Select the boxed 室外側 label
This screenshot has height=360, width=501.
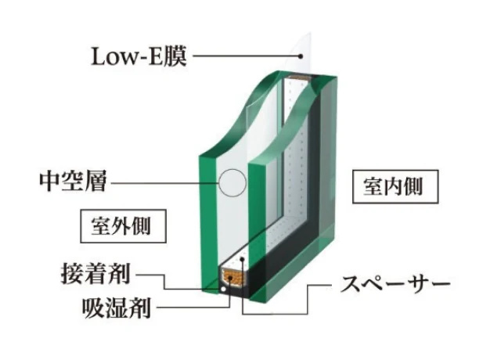click(x=123, y=226)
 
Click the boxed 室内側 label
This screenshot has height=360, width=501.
click(x=395, y=186)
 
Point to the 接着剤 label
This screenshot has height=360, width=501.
click(x=96, y=274)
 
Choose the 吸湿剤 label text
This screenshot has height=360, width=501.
click(x=117, y=308)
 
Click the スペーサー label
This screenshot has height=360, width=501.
click(x=395, y=283)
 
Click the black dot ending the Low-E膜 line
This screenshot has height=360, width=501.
click(x=301, y=56)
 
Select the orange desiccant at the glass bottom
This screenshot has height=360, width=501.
click(x=233, y=277)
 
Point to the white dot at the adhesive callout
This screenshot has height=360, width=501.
click(x=223, y=290)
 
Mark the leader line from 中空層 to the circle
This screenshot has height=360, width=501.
click(x=165, y=183)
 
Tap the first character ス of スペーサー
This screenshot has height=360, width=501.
click(x=350, y=283)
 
